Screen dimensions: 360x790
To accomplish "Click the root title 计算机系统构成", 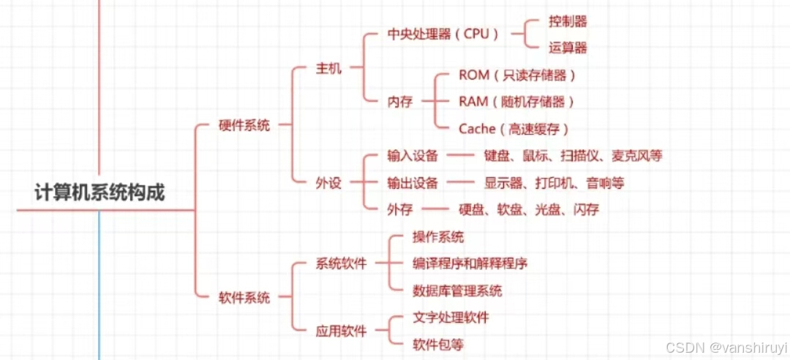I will click(x=100, y=192).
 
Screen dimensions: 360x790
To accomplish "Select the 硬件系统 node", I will click(x=244, y=125).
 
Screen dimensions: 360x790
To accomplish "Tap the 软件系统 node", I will click(x=244, y=298).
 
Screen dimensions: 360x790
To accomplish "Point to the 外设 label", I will click(x=328, y=183).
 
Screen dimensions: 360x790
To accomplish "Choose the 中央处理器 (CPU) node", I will click(x=443, y=34).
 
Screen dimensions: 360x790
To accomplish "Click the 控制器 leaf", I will click(x=568, y=22).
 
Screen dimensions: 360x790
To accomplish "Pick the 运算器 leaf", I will click(x=568, y=48).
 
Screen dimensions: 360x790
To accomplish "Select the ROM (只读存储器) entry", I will click(x=517, y=75).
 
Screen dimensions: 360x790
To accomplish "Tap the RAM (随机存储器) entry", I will click(x=516, y=102).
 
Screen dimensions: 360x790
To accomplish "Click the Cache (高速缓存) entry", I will click(x=513, y=129).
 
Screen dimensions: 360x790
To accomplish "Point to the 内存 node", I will click(x=400, y=102).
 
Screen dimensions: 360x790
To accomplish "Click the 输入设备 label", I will click(x=413, y=156).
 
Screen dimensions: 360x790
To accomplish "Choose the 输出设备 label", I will click(x=413, y=183).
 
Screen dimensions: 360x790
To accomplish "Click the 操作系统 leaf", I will click(x=438, y=237).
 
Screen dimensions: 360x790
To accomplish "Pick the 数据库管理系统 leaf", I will click(x=457, y=290).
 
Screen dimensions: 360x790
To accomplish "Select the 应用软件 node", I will click(x=341, y=331).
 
